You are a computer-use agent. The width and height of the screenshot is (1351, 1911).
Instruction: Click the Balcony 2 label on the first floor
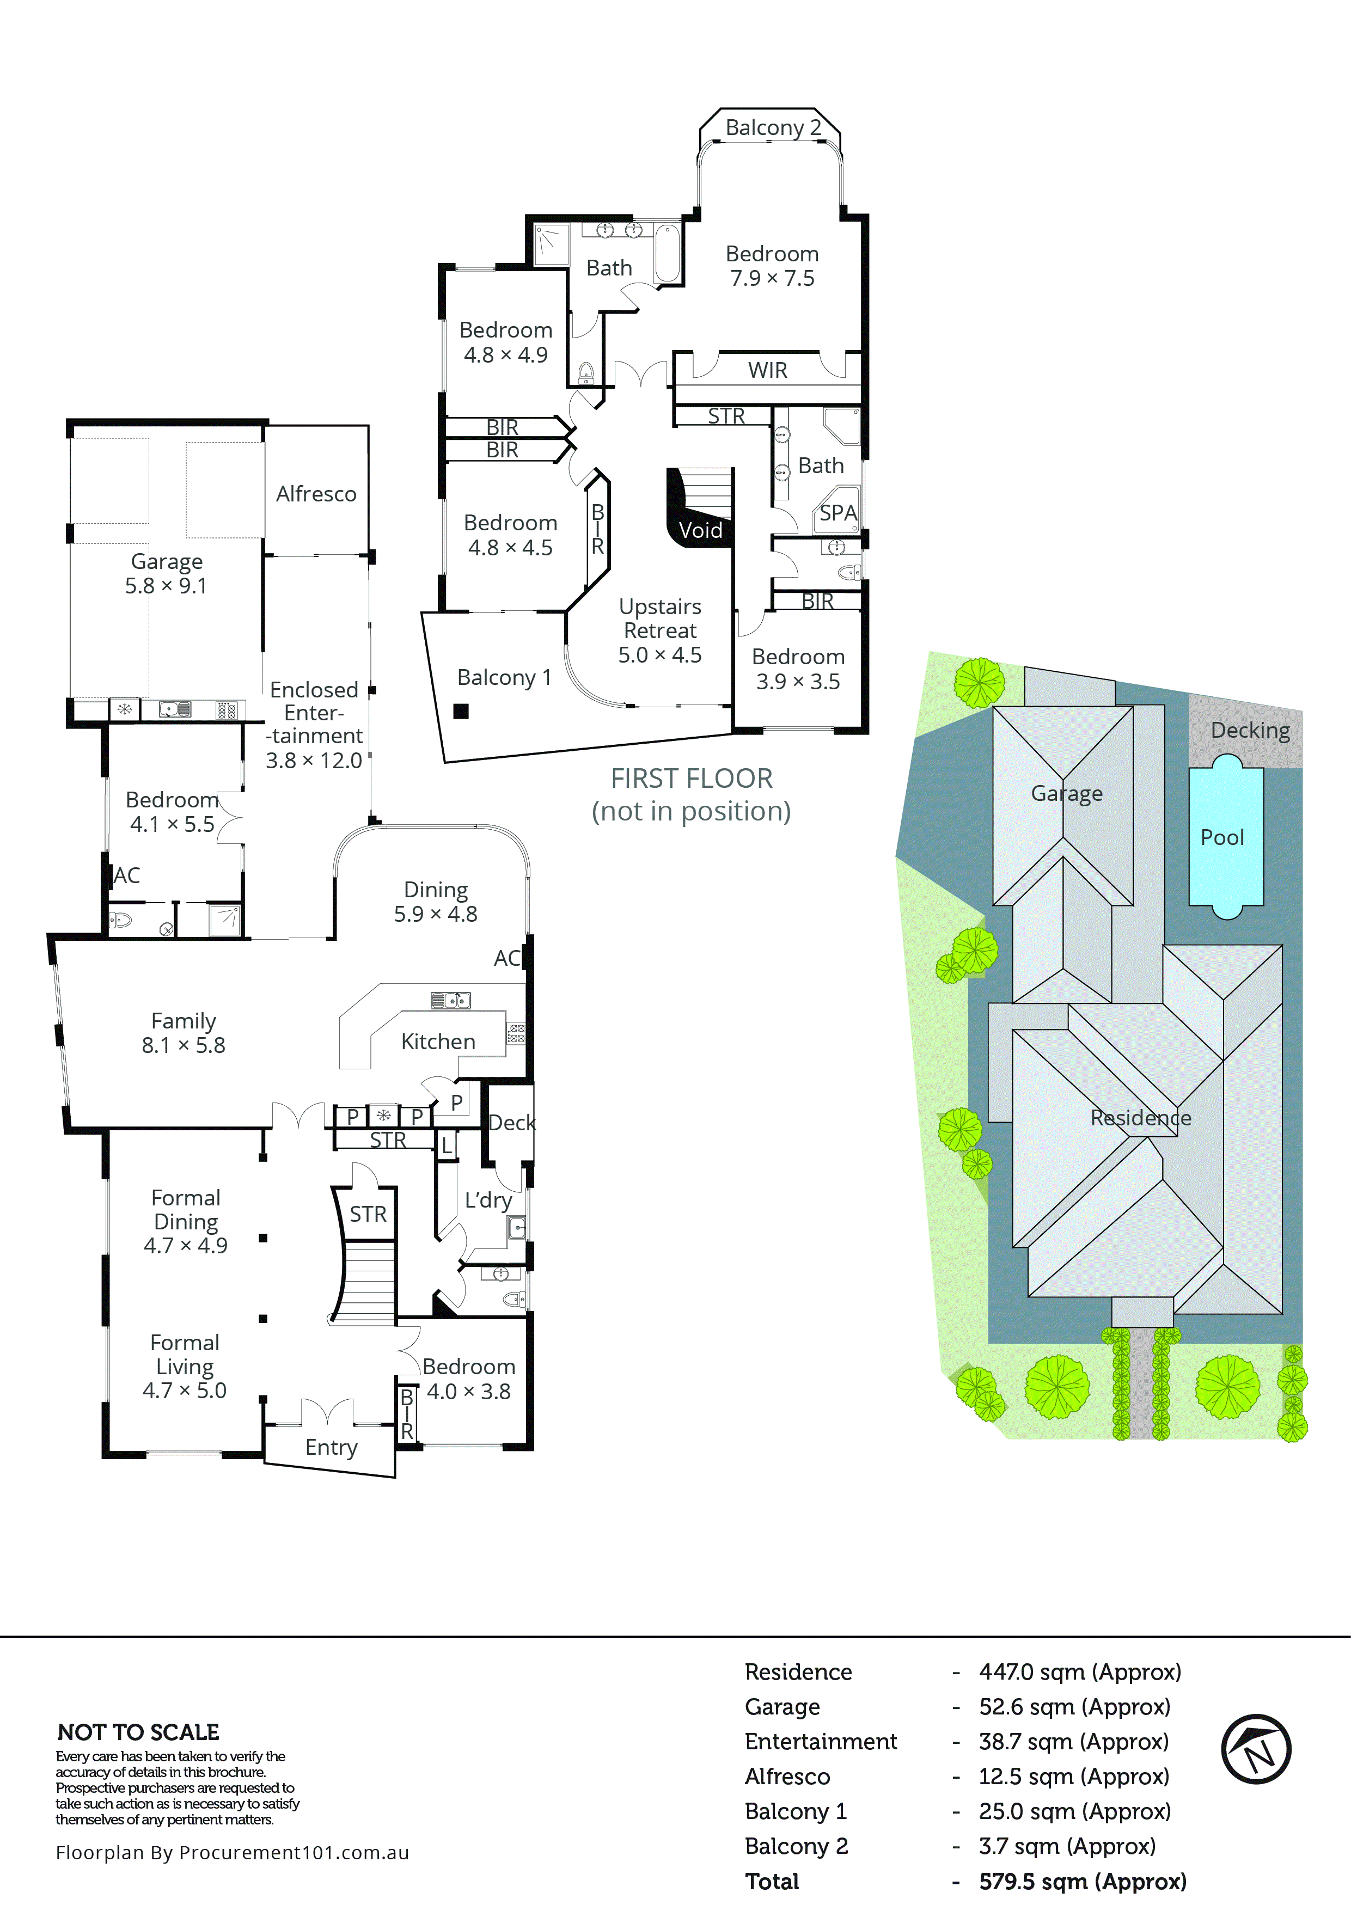[773, 128]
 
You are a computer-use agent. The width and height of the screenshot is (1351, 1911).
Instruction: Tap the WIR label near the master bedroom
[767, 370]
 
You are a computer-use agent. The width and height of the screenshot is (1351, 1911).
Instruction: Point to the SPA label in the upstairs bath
[838, 513]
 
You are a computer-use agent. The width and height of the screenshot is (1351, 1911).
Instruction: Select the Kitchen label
[438, 1042]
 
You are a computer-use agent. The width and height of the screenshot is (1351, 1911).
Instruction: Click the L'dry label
[488, 1200]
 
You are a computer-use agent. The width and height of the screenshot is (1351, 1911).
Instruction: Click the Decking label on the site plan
[1250, 731]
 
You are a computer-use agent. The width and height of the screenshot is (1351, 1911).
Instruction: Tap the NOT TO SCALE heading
[138, 1733]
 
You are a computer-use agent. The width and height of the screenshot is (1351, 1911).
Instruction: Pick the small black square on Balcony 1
[460, 711]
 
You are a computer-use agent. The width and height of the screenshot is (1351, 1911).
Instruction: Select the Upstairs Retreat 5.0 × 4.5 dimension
[659, 655]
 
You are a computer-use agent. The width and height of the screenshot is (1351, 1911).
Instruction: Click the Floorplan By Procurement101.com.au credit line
[232, 1853]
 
